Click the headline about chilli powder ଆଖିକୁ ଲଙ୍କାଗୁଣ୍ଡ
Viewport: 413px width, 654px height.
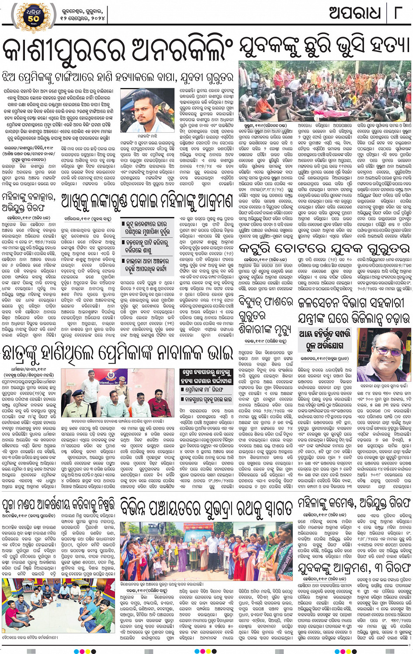146,201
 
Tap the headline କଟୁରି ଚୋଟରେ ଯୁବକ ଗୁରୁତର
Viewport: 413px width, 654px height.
324,249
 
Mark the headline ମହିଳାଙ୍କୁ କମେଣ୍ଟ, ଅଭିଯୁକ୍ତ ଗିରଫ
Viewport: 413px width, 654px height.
354,503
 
